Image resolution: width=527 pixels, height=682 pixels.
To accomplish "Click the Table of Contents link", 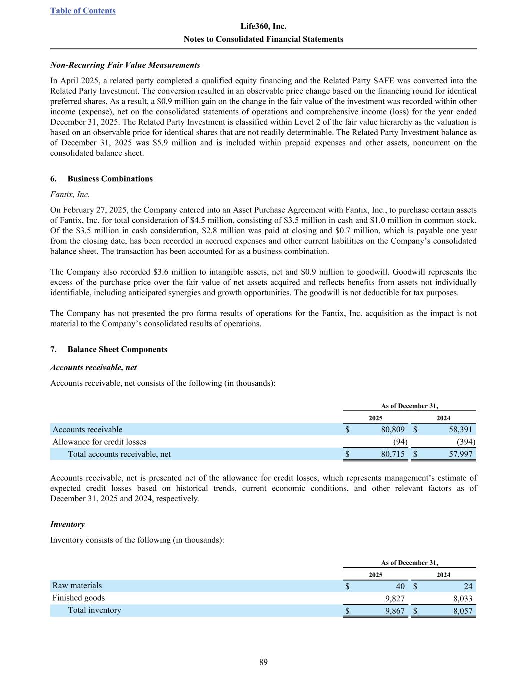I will pyautogui.click(x=83, y=11).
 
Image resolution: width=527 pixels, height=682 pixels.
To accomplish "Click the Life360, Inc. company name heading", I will pyautogui.click(x=263, y=26).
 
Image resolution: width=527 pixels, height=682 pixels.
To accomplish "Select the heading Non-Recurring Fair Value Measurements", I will pyautogui.click(x=125, y=65).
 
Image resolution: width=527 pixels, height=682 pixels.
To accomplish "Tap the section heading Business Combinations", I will pyautogui.click(x=110, y=179).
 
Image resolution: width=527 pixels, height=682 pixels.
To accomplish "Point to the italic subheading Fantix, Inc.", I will pyautogui.click(x=70, y=194).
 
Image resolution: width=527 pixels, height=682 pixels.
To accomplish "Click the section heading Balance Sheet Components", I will pyautogui.click(x=117, y=349).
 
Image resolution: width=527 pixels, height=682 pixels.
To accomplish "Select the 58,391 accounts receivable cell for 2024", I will pyautogui.click(x=459, y=430).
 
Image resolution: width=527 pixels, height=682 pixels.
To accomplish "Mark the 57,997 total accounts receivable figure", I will pyautogui.click(x=459, y=454).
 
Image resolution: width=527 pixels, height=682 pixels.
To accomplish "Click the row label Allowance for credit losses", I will pyautogui.click(x=99, y=442).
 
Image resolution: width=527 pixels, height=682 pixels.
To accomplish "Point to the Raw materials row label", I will pyautogui.click(x=77, y=586).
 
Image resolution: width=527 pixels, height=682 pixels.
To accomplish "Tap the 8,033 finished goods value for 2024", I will pyautogui.click(x=462, y=598).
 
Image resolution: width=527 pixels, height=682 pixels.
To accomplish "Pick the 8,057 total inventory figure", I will pyautogui.click(x=462, y=611).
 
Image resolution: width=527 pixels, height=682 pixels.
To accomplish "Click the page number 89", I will pyautogui.click(x=263, y=663).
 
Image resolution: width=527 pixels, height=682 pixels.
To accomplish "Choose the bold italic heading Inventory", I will pyautogui.click(x=67, y=524).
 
